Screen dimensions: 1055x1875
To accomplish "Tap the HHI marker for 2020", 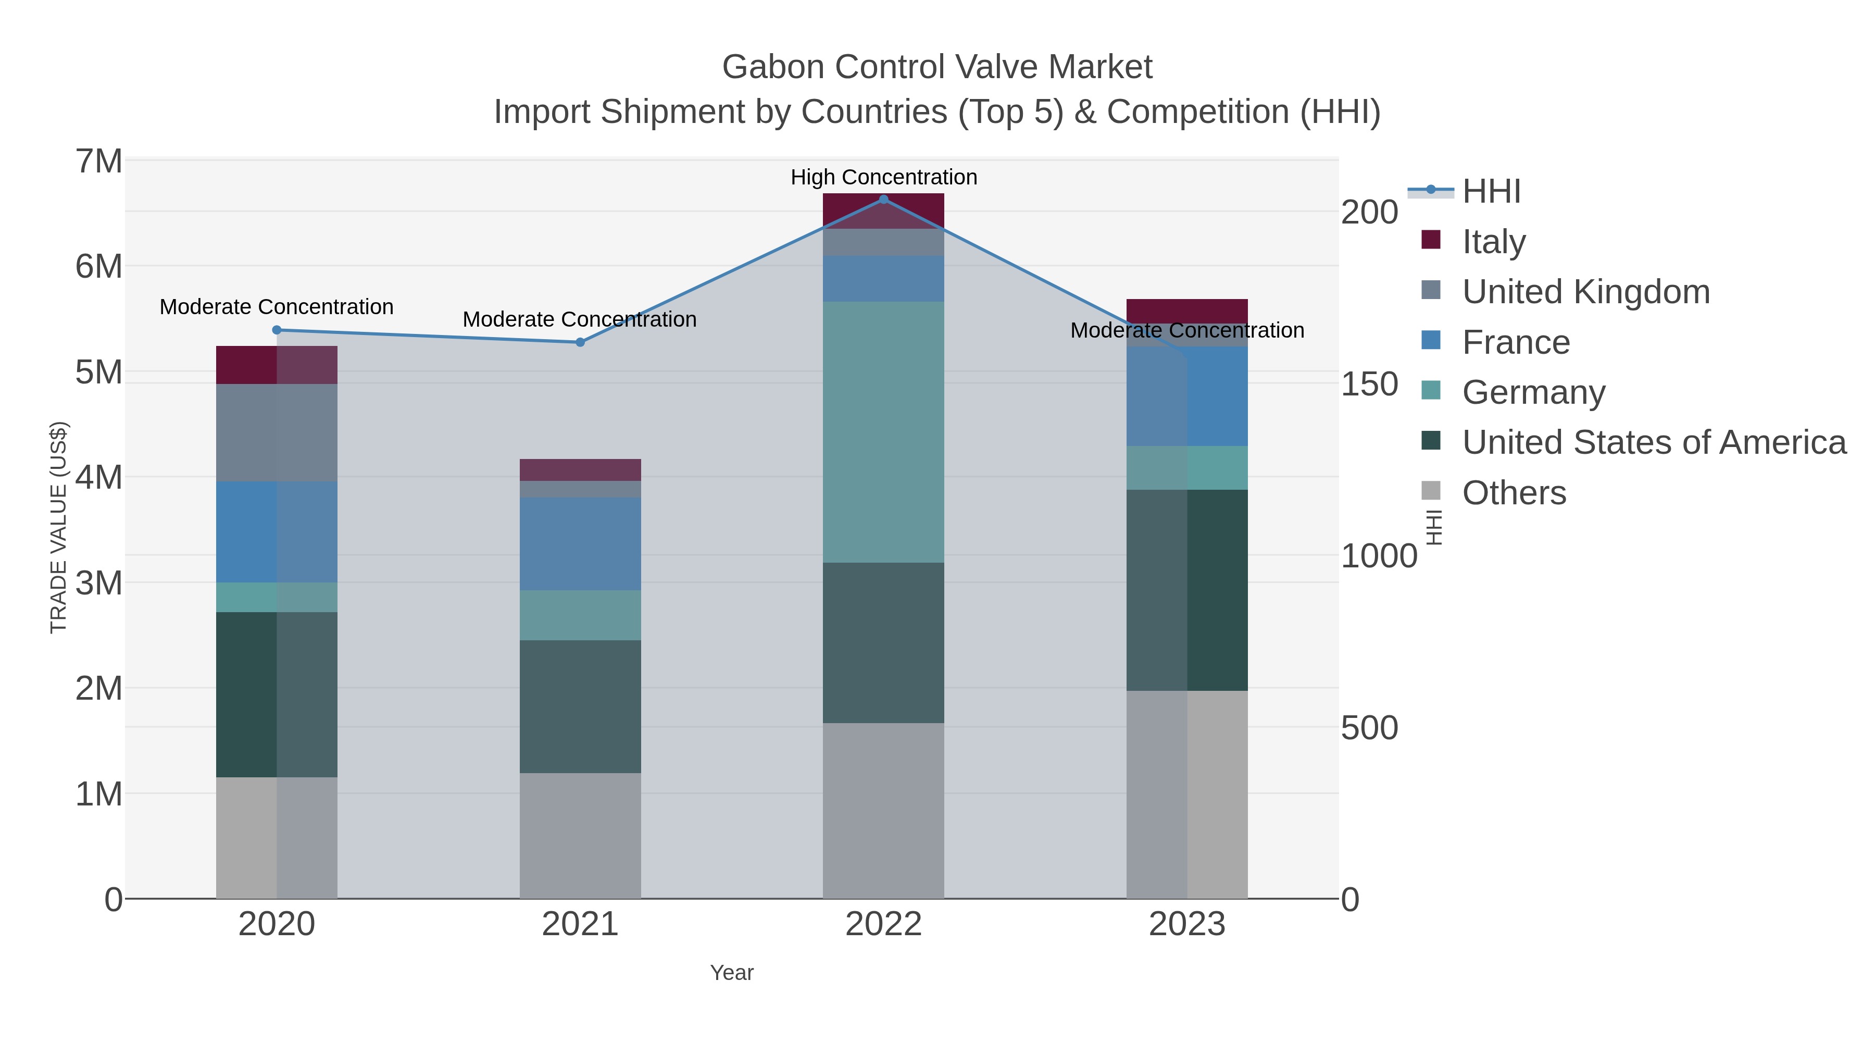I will tap(277, 330).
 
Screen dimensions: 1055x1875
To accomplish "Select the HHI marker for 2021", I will tap(580, 342).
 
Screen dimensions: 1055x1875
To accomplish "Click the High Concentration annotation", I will tap(884, 178).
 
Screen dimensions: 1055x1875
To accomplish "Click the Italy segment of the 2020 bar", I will tap(277, 365).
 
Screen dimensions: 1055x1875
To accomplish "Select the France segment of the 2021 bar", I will tap(580, 543).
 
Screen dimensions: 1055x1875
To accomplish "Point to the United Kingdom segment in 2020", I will tap(277, 432).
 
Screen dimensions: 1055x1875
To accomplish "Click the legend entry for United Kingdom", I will tap(1585, 292).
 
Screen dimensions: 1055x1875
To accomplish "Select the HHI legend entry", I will tap(1491, 192).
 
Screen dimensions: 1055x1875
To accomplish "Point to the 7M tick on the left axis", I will tap(99, 162).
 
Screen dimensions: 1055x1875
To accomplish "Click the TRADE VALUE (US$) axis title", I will tap(58, 527).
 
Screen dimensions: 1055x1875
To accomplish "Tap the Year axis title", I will tap(732, 973).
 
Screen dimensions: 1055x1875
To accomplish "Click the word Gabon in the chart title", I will tap(773, 67).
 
